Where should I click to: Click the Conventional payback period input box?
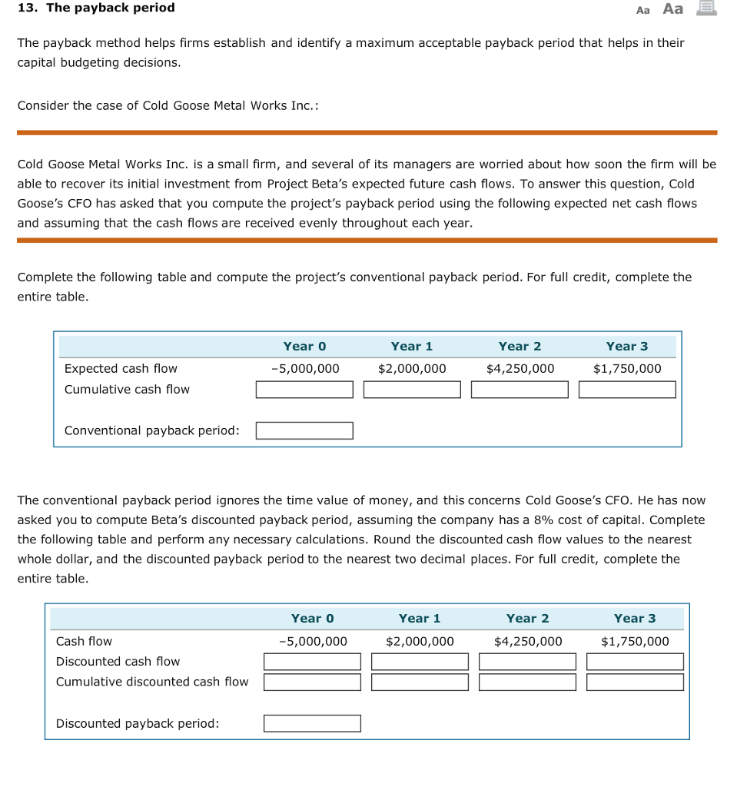pos(304,430)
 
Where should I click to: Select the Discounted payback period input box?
pos(312,723)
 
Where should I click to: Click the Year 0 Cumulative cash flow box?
pos(304,390)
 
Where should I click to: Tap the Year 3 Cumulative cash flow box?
pos(627,390)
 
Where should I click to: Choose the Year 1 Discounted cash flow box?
pos(420,662)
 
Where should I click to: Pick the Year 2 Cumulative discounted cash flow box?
pos(527,682)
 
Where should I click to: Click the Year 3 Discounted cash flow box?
pos(635,662)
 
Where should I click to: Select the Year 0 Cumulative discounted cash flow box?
pos(312,682)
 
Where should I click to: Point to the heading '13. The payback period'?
pos(96,8)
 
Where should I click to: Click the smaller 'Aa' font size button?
pos(643,9)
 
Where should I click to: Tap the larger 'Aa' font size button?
pos(672,8)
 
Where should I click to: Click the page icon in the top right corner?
pos(706,8)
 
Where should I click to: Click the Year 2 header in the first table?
pos(520,347)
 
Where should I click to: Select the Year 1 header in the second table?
pos(420,619)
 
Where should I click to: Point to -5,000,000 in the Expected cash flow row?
pos(305,369)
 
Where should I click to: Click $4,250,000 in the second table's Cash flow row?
pos(528,641)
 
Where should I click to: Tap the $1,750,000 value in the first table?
pos(627,369)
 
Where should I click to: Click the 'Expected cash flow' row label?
pos(121,369)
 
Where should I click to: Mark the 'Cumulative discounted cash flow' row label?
pos(152,682)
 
